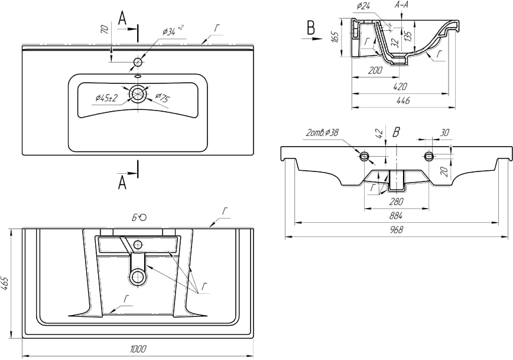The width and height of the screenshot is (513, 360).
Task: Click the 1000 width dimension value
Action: coord(139,349)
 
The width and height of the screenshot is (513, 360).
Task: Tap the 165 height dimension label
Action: coord(334,38)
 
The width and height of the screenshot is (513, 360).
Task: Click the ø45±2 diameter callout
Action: coord(106,98)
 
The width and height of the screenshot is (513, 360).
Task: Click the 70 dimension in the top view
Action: coord(105,30)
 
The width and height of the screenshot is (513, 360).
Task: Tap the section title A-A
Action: coord(401,5)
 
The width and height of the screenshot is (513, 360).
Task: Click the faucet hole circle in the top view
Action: coord(138,62)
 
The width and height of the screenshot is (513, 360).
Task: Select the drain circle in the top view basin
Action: coord(138,93)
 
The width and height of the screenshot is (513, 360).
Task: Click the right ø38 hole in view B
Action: coord(428,156)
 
